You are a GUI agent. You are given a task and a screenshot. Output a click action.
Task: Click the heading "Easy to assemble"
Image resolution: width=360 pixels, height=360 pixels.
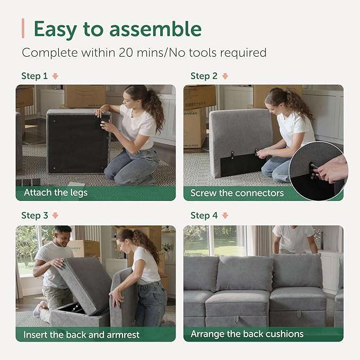click(x=117, y=29)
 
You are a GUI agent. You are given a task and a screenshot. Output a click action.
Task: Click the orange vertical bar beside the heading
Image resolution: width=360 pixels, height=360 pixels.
click(x=23, y=28)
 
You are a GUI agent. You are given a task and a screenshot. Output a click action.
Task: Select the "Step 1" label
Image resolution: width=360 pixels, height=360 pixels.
click(x=34, y=76)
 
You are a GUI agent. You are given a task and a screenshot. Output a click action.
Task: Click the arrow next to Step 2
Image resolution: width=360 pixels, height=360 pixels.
click(x=225, y=76)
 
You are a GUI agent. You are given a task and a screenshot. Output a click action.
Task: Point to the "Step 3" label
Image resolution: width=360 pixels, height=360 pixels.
click(x=34, y=215)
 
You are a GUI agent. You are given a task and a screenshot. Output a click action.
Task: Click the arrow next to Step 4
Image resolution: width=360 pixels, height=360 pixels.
click(x=225, y=216)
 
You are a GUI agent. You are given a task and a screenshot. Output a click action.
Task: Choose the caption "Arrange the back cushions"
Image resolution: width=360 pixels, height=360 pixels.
click(x=247, y=334)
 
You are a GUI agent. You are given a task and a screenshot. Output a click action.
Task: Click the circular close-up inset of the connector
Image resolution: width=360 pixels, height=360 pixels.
click(x=317, y=171)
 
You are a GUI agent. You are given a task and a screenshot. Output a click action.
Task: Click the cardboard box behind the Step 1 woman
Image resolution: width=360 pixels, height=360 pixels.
click(x=85, y=96)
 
